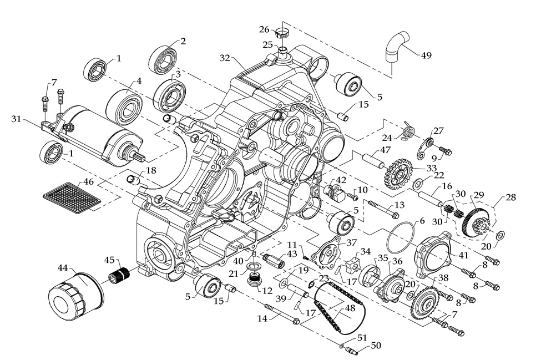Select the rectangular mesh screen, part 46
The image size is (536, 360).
click(72, 196)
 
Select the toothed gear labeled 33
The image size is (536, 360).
click(395, 176)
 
